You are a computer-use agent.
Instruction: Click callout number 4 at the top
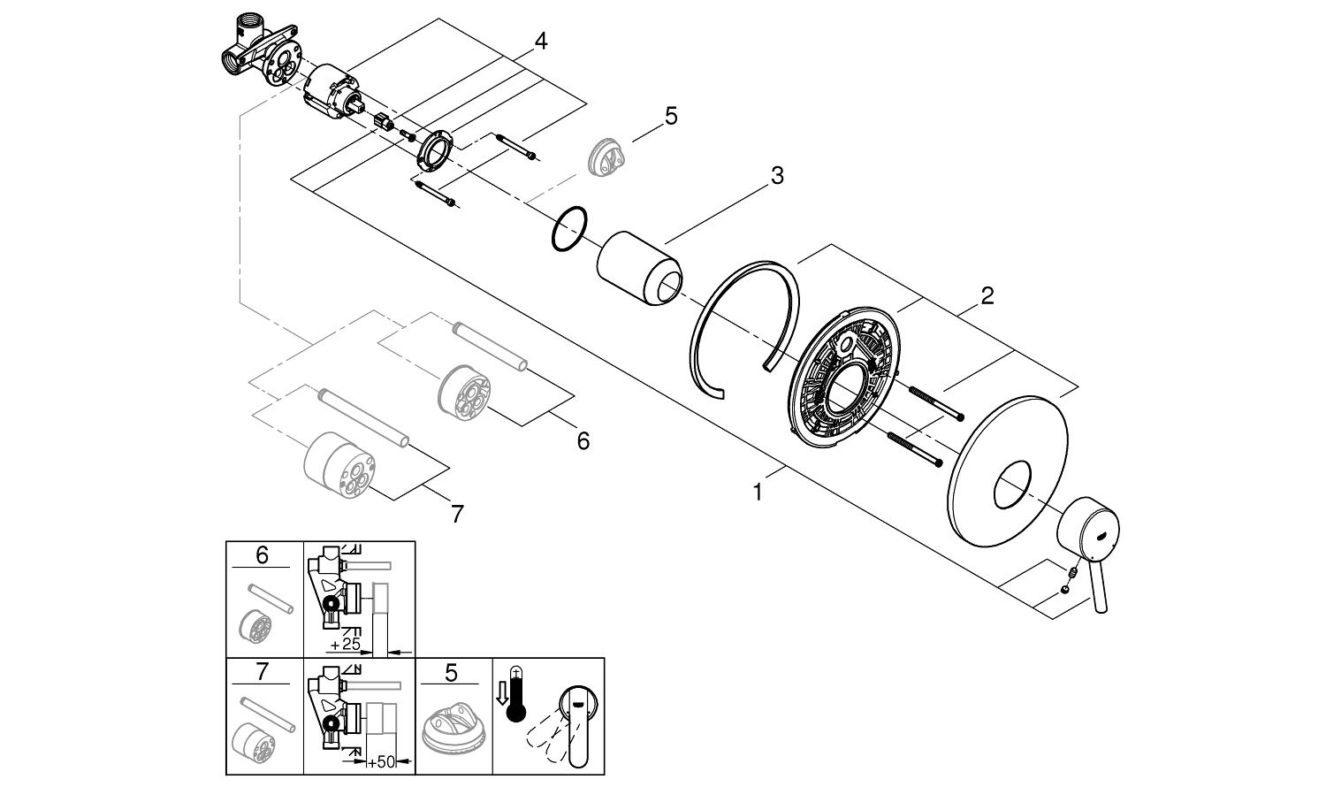pos(540,41)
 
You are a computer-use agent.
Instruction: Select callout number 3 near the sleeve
pos(776,176)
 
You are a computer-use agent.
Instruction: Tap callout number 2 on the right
pos(987,295)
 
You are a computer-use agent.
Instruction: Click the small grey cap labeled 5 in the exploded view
pos(611,156)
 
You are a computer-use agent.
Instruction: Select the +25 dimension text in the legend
pos(346,644)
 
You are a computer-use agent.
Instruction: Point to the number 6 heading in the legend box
pos(262,555)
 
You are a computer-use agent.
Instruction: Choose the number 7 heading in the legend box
pos(262,671)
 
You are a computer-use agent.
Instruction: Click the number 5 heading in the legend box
pos(451,673)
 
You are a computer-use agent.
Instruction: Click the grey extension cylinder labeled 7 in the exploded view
pos(339,464)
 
